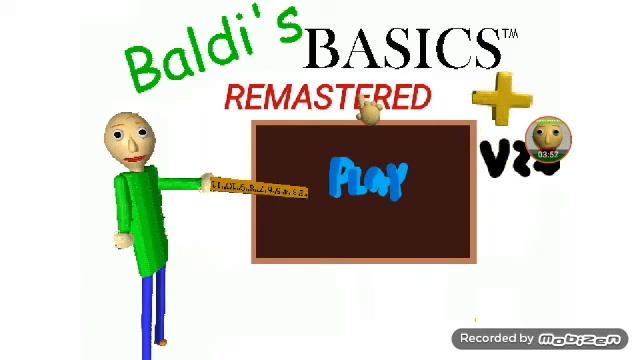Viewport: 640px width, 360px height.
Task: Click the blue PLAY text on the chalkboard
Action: (x=369, y=180)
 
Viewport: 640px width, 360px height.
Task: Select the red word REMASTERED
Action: (x=327, y=97)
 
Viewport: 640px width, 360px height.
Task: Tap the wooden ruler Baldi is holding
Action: (x=259, y=189)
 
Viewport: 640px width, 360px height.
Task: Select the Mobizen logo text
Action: (x=581, y=339)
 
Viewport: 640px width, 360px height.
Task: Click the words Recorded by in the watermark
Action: (x=497, y=339)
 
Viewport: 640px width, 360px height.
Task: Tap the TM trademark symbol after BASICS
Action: (x=511, y=36)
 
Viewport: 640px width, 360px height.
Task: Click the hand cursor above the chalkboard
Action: (x=369, y=112)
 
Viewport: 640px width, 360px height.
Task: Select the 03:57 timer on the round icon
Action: (x=548, y=155)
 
